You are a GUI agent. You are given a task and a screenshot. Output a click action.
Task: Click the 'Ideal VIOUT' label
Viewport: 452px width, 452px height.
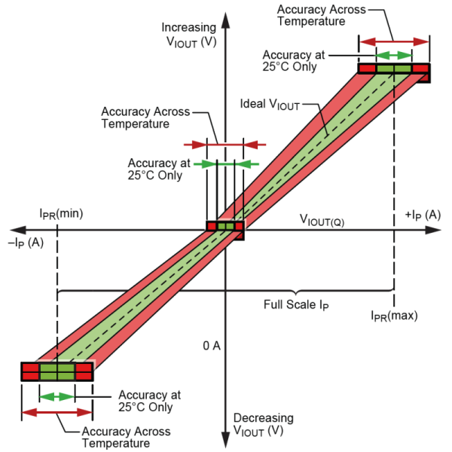tap(270, 105)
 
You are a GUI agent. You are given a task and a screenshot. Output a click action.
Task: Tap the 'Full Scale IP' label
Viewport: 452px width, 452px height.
tap(296, 305)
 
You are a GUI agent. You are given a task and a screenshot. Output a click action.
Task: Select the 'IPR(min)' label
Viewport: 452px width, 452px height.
tap(61, 214)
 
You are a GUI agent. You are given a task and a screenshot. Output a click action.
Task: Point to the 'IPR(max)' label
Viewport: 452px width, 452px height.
tap(394, 316)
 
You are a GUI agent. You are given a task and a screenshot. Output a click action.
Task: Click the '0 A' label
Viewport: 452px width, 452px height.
tap(212, 346)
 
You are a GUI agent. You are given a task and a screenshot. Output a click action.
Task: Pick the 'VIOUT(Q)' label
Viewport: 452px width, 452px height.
tap(322, 221)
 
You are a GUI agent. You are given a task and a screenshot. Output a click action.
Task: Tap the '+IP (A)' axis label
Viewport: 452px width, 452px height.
tap(423, 215)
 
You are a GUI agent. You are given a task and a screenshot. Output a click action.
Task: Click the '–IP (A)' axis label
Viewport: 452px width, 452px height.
tap(26, 243)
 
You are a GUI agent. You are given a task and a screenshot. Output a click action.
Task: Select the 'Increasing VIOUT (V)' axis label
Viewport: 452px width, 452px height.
tap(189, 35)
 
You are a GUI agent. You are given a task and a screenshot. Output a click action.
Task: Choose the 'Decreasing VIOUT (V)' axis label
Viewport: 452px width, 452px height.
tap(264, 425)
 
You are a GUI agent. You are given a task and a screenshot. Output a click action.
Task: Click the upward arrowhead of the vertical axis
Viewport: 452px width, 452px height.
tap(225, 20)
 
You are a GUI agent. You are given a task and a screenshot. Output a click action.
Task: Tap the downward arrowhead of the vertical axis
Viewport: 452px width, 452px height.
tap(225, 440)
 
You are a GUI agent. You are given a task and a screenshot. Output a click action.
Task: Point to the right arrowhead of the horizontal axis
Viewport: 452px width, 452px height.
tap(433, 230)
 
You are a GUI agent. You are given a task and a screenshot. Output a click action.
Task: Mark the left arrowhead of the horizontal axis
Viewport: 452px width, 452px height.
tap(18, 230)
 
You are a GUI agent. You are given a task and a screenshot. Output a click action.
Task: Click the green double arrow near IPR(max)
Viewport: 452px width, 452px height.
tap(394, 55)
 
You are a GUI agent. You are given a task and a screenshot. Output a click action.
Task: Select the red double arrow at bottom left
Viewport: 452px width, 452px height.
tap(57, 412)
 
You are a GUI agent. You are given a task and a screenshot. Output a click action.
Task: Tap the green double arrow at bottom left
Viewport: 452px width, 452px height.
tap(57, 397)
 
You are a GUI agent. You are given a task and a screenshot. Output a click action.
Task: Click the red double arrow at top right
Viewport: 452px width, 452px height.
tap(394, 41)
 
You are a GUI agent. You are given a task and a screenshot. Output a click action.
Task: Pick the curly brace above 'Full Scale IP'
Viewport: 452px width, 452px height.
tap(226, 291)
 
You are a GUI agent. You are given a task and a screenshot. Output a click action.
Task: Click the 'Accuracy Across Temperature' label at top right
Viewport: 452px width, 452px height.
tap(322, 16)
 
